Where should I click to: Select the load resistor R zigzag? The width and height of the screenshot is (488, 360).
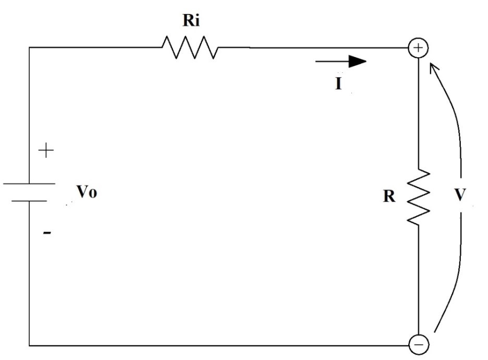point(420,197)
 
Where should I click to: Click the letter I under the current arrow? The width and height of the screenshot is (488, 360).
point(339,83)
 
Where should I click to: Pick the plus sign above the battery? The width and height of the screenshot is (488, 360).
point(46,152)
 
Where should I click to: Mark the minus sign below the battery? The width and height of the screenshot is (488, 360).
point(47,233)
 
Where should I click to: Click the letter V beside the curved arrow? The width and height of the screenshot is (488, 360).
point(460,195)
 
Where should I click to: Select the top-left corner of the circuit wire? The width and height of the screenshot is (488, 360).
point(29,47)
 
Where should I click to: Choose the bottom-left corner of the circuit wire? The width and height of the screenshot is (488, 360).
point(29,345)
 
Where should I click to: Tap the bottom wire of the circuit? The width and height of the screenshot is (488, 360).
point(219,345)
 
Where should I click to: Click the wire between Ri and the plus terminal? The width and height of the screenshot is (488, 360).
point(313,48)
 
